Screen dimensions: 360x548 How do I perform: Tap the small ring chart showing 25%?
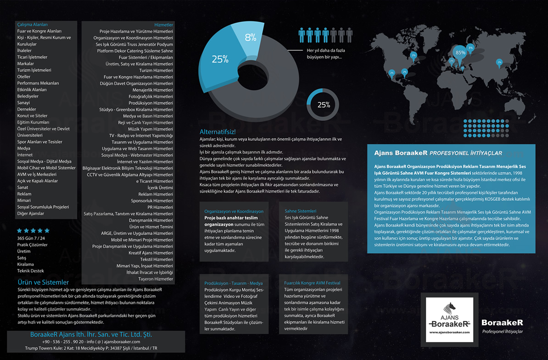(x=324, y=105)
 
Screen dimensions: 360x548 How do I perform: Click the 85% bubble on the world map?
(x=460, y=52)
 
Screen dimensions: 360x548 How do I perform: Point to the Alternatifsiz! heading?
(x=217, y=132)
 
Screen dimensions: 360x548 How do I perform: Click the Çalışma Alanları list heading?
(x=33, y=25)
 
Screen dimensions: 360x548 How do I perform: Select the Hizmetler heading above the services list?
(x=163, y=25)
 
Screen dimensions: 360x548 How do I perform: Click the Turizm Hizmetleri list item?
(x=156, y=71)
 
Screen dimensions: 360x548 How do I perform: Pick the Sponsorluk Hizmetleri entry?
(x=152, y=201)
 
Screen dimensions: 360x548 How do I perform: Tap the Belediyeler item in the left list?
(x=28, y=96)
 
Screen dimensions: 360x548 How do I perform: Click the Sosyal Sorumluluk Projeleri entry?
(x=43, y=207)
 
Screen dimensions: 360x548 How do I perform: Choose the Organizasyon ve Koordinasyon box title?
(x=234, y=211)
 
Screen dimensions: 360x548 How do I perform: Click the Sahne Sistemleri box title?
(x=301, y=211)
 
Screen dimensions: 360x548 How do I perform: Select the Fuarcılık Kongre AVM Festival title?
(x=312, y=283)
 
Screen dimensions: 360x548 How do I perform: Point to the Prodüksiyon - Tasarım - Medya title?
(x=234, y=283)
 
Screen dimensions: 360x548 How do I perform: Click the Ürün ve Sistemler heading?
(x=43, y=282)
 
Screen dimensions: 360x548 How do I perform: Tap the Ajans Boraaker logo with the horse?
(x=449, y=320)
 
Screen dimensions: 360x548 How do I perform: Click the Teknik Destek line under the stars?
(x=31, y=271)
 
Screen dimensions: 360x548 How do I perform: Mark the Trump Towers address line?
(x=91, y=348)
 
